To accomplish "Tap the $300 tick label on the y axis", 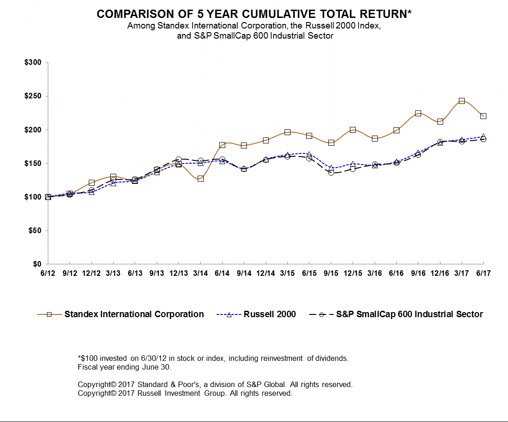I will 33,63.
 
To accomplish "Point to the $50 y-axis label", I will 34,230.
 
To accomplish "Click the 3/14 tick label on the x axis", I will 200,273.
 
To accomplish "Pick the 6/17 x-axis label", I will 483,273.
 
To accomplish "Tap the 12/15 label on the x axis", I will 353,273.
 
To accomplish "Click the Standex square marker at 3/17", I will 462,101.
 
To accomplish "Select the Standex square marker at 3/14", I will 200,178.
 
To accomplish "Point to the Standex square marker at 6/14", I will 222,145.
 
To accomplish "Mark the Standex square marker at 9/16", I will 418,113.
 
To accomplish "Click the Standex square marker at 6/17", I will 483,116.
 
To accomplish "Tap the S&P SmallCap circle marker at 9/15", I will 331,172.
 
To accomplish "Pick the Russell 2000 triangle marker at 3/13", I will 113,183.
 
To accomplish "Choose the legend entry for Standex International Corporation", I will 134,314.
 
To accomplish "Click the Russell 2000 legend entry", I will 269,314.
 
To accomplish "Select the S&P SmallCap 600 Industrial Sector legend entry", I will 409,314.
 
